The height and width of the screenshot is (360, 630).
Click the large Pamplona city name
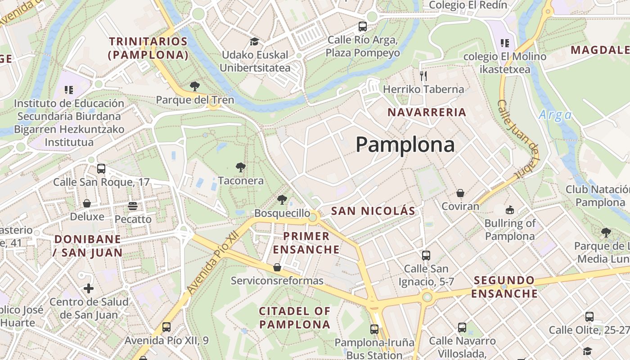tap(405, 145)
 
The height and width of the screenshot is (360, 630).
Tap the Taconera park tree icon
tap(241, 168)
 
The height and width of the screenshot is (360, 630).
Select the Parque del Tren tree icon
tap(195, 86)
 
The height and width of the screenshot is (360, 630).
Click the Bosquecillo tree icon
tap(282, 200)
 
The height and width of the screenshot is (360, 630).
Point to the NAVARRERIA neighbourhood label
tap(427, 112)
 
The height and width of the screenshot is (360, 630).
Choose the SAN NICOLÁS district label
tap(373, 211)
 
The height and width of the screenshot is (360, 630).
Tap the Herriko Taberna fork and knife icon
tap(423, 76)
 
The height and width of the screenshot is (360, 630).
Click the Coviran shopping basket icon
tap(460, 193)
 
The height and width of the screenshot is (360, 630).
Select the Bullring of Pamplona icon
tap(509, 210)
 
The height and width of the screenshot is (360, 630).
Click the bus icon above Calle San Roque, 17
tap(101, 169)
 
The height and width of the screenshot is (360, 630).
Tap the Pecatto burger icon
tap(132, 206)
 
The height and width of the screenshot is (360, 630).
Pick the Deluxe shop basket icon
tap(87, 203)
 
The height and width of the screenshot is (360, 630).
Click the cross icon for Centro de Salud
tap(89, 288)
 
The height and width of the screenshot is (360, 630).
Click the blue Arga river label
tap(555, 115)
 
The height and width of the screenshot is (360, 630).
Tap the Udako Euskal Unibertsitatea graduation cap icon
tap(254, 42)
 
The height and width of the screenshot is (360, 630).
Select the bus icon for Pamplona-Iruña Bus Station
tap(374, 329)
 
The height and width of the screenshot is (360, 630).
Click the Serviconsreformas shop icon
tap(277, 267)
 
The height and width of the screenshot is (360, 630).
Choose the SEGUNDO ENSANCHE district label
tap(505, 287)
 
